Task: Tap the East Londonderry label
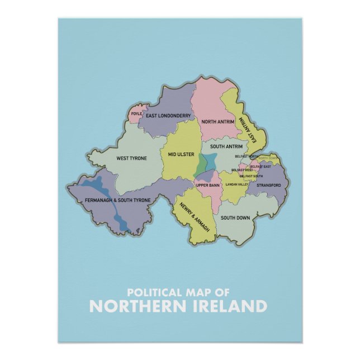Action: (168, 116)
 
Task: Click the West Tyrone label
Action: (131, 158)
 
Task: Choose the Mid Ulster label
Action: (181, 153)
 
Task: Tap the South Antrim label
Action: (226, 146)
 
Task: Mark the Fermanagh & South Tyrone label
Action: (117, 200)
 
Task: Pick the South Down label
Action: (235, 217)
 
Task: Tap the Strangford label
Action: (269, 184)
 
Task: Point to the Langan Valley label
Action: (236, 184)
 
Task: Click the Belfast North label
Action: (247, 156)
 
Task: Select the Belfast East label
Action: (260, 167)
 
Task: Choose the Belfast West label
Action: (242, 170)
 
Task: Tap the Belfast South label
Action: (251, 176)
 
